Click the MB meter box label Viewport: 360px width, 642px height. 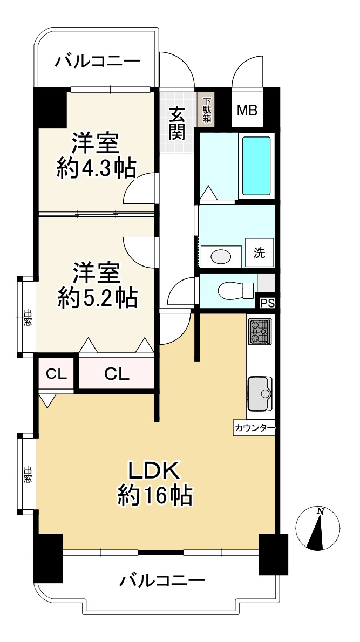point(247,110)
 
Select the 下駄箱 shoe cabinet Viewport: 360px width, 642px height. point(206,110)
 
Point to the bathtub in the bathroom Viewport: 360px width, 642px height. point(256,166)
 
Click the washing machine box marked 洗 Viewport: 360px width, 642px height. point(260,252)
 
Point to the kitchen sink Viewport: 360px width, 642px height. point(260,393)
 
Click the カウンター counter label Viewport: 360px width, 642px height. point(255,428)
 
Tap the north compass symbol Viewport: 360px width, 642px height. point(318,529)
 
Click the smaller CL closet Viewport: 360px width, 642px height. point(56,374)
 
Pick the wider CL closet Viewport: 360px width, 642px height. point(117,374)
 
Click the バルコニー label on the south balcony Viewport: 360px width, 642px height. point(162,580)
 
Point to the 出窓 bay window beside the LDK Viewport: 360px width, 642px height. point(27,474)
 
